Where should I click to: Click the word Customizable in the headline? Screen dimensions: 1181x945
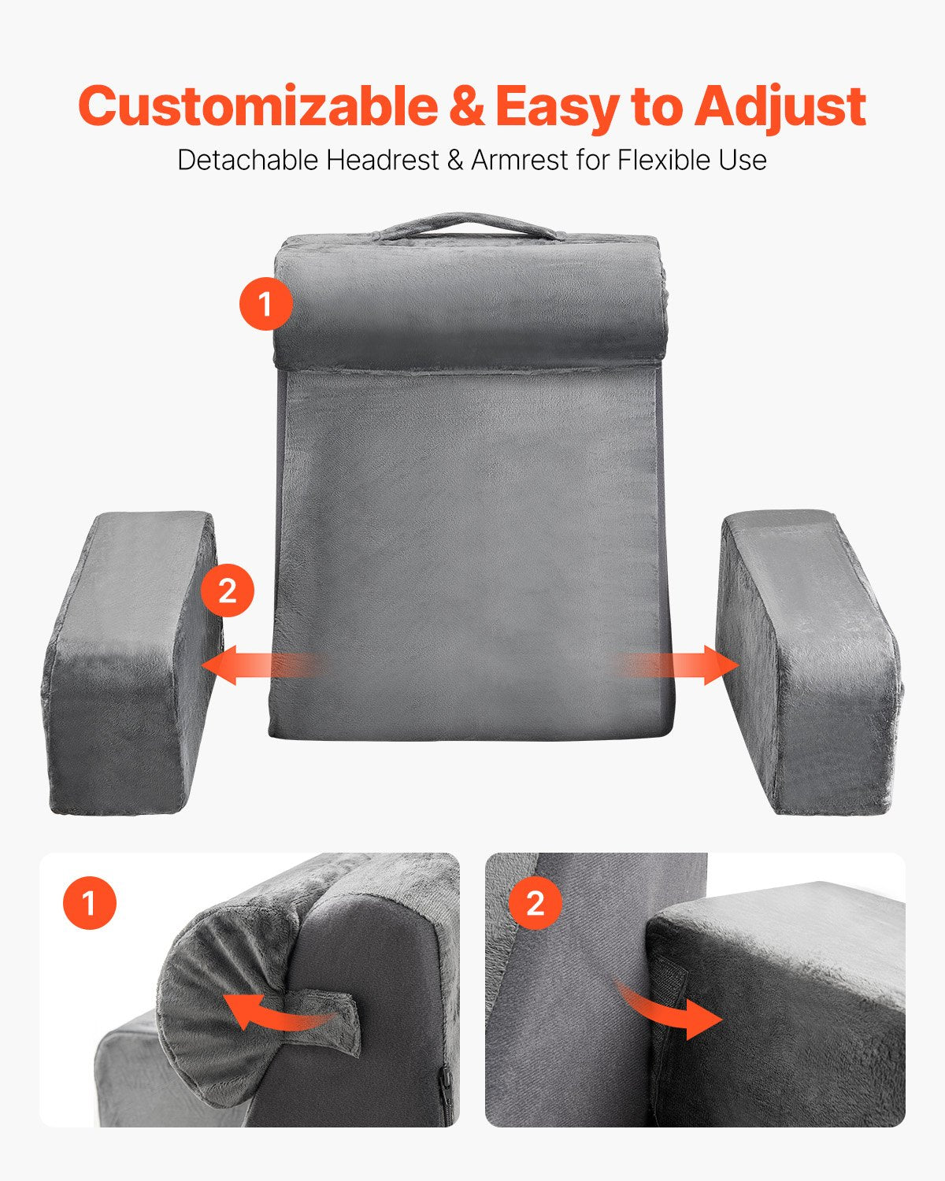[x=258, y=106]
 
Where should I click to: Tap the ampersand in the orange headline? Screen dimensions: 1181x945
[x=467, y=106]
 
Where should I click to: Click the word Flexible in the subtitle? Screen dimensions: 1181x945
[x=650, y=160]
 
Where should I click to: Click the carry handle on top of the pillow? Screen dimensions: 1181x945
[x=469, y=224]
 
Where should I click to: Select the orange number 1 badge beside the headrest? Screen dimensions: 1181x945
[x=265, y=303]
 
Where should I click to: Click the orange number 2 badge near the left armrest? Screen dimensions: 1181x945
[x=227, y=590]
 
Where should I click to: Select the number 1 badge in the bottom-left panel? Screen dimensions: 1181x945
[x=90, y=903]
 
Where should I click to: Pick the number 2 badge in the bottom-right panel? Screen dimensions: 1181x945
[x=535, y=903]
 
